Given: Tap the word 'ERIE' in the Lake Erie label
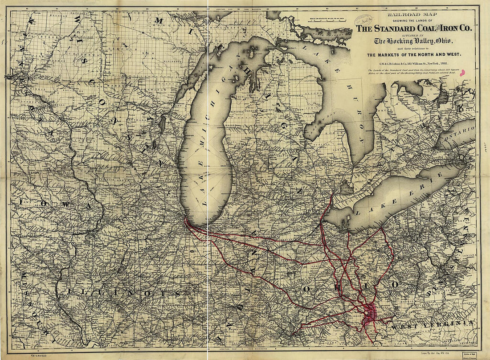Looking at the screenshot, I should [431, 180].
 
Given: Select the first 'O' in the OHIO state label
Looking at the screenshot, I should [307, 289].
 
